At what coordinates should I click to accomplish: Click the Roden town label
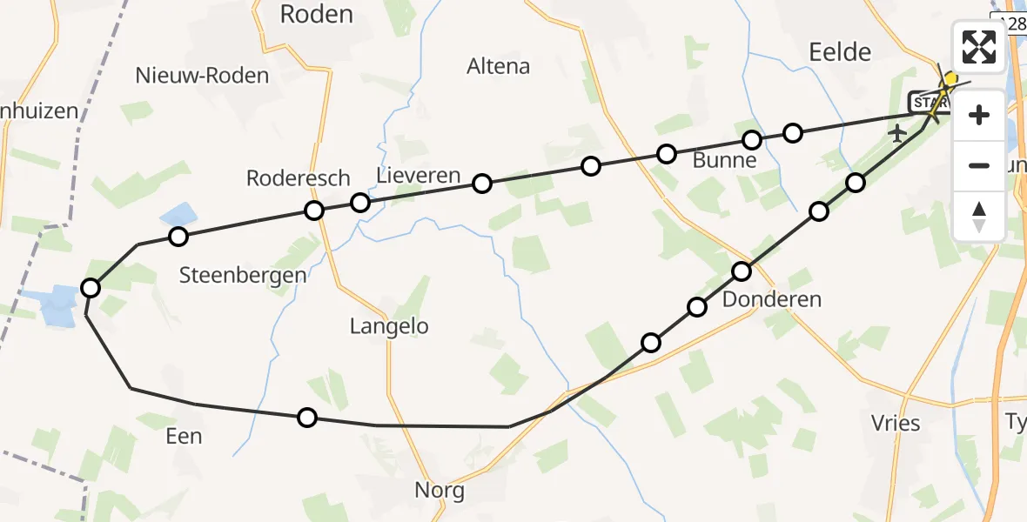point(316,14)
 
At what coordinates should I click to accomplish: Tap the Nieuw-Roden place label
point(202,76)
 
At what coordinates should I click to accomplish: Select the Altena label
point(499,66)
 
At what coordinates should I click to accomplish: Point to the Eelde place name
point(841,52)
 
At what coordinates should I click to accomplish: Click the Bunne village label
point(723,161)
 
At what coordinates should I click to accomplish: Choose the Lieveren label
point(418,176)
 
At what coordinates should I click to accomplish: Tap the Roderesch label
point(299,178)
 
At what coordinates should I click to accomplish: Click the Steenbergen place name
point(243,276)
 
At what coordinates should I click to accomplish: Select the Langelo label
point(389,326)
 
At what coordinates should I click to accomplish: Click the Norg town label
point(440,491)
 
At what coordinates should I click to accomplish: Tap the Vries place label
point(896,424)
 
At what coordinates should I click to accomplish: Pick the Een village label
point(184,436)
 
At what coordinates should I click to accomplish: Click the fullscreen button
point(979,46)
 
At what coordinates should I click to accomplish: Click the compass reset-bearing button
point(979,217)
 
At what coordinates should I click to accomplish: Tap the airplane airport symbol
point(898,134)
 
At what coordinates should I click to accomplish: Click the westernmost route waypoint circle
point(91,288)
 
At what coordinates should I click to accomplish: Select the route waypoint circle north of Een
point(178,236)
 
